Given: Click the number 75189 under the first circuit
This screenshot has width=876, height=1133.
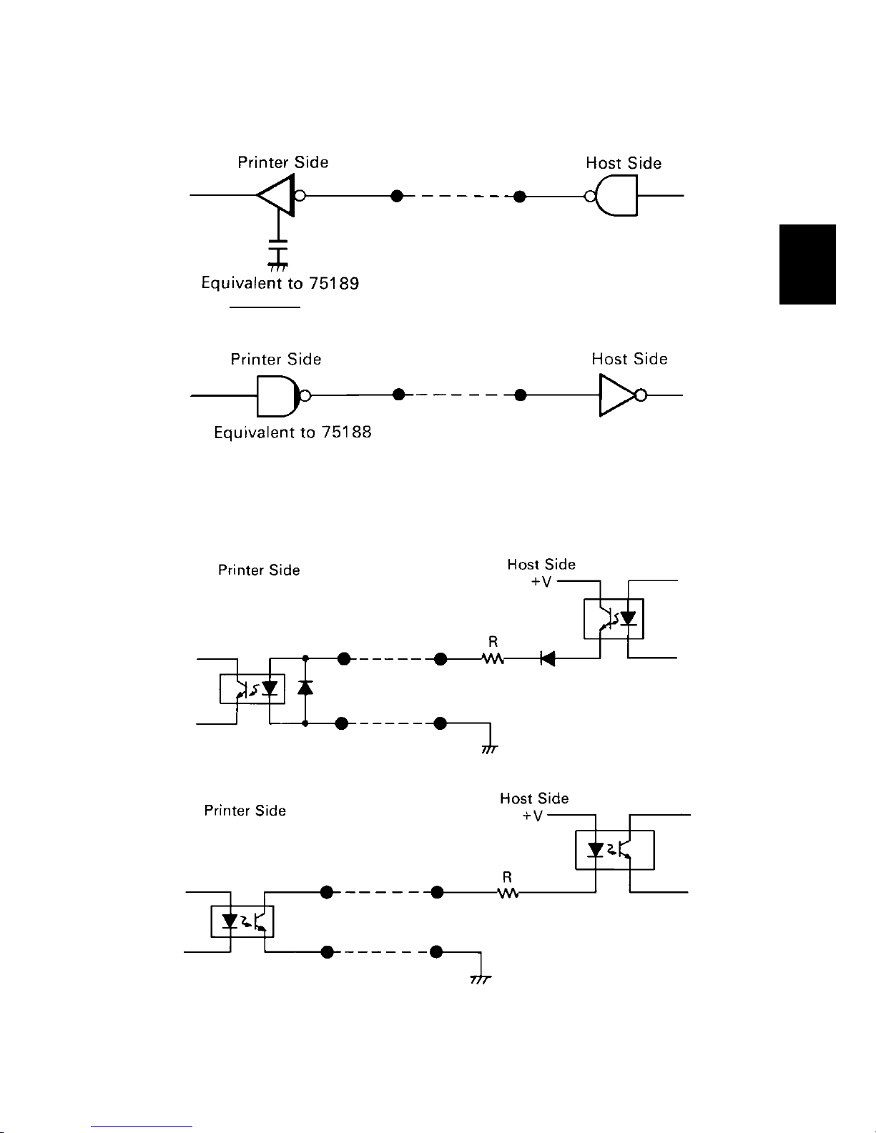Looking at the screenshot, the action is pyautogui.click(x=334, y=283).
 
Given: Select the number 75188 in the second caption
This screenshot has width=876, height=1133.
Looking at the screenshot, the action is pyautogui.click(x=346, y=432).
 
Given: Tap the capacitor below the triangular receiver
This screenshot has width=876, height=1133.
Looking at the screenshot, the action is pyautogui.click(x=278, y=248).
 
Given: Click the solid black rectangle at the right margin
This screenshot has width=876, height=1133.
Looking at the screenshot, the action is pyautogui.click(x=807, y=264).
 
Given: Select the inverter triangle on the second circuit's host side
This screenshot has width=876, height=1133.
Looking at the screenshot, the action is pyautogui.click(x=617, y=395).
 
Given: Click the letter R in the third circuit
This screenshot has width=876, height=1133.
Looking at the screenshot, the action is pyautogui.click(x=493, y=641).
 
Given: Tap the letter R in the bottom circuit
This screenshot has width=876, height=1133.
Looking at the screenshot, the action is pyautogui.click(x=507, y=877).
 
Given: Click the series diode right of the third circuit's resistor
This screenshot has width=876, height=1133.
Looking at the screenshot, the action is pyautogui.click(x=548, y=658).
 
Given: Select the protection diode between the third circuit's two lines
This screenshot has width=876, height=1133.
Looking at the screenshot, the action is pyautogui.click(x=305, y=688).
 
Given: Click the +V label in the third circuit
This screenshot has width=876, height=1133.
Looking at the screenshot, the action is pyautogui.click(x=541, y=581).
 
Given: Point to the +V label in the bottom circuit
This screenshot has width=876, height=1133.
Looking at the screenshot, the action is pyautogui.click(x=532, y=816).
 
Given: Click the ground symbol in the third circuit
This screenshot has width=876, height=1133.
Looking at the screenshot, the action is pyautogui.click(x=490, y=750).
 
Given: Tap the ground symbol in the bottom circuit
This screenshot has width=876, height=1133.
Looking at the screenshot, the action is pyautogui.click(x=481, y=980).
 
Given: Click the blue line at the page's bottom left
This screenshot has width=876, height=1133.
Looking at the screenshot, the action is pyautogui.click(x=142, y=1127).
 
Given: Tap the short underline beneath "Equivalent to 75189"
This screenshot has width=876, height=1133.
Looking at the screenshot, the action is pyautogui.click(x=265, y=307).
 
